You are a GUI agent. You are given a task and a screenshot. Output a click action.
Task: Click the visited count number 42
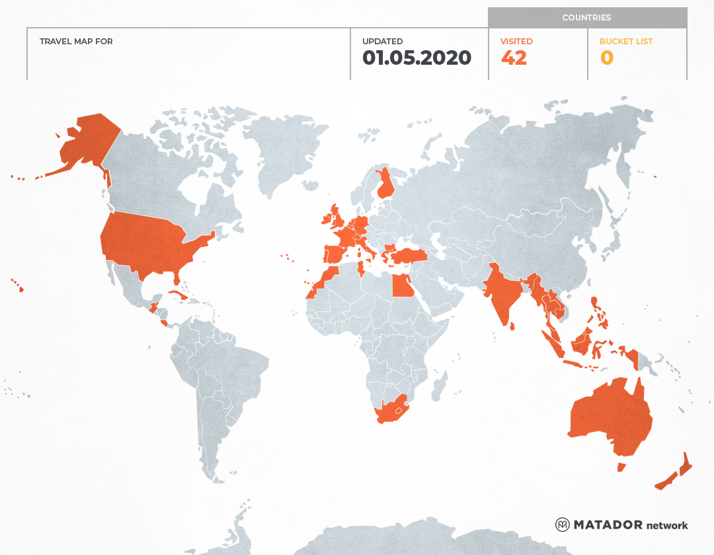514,58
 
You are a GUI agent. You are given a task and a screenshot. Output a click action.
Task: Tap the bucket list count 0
606,58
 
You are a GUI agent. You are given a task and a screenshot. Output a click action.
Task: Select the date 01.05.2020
416,58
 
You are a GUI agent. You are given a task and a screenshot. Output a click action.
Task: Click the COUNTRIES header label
586,18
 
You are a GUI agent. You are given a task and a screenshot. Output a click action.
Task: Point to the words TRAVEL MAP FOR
76,42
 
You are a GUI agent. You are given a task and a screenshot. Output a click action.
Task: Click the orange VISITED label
516,42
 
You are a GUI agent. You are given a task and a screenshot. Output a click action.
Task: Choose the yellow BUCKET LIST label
625,42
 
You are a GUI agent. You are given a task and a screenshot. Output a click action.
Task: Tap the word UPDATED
382,42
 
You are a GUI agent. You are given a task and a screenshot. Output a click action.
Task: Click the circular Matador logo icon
563,525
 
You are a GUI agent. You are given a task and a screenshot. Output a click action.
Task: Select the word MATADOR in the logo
608,525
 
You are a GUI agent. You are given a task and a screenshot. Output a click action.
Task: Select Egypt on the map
403,286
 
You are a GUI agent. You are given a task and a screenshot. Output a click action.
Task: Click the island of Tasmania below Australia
621,467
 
